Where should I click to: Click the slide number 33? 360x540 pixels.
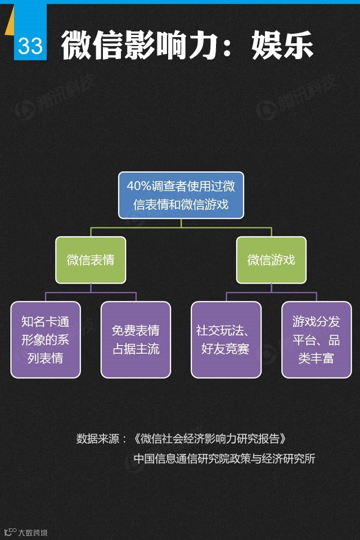pos(30,46)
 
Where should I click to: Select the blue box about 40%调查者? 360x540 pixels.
pos(181,195)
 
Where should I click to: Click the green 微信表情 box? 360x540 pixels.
pos(91,260)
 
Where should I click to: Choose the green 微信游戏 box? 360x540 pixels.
pos(271,260)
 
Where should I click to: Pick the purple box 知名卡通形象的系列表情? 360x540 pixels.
pos(46,340)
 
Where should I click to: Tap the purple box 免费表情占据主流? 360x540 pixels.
pos(136,340)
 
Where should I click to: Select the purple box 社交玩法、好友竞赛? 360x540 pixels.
pos(226,340)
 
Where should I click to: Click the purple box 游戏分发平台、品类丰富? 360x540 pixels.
pos(316,340)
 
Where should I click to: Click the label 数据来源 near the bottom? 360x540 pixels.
pos(97,439)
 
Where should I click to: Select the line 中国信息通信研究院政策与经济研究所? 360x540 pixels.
pos(224,458)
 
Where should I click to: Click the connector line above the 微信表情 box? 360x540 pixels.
pos(91,232)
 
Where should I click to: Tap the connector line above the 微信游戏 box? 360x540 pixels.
pos(271,232)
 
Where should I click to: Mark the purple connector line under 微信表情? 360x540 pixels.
pos(91,292)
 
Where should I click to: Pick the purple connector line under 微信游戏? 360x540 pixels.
pos(271,292)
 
